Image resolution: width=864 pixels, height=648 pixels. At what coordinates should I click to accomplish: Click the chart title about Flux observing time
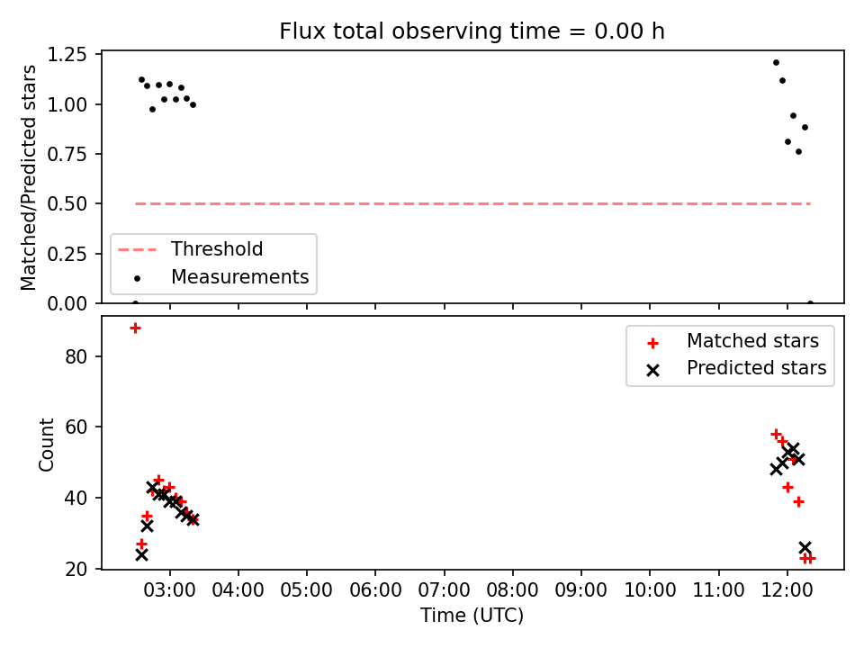[x=472, y=31]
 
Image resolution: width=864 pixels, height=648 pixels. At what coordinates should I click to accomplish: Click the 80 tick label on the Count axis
[x=76, y=356]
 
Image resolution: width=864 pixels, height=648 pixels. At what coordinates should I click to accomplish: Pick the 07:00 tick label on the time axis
[x=444, y=590]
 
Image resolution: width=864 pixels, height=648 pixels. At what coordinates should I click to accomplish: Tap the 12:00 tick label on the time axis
[x=787, y=590]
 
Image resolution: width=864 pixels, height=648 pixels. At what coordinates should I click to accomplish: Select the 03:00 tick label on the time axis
[x=170, y=590]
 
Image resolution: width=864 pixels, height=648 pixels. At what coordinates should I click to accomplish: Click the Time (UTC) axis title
[x=472, y=615]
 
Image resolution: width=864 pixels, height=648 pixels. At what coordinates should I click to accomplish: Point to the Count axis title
[x=46, y=445]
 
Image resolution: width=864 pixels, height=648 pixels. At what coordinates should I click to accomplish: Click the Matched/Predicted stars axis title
[x=28, y=177]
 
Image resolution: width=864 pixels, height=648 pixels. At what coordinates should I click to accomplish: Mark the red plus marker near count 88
[x=135, y=328]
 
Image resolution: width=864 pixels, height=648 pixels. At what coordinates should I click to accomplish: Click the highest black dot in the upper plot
[x=776, y=63]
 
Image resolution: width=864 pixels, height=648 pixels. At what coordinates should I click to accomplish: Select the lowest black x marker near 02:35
[x=141, y=555]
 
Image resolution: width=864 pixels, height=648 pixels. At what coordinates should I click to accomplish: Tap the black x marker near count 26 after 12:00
[x=805, y=548]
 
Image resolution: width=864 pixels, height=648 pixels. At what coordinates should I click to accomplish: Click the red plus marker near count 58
[x=776, y=434]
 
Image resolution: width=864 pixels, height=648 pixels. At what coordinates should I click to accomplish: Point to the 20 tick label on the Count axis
[x=76, y=569]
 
